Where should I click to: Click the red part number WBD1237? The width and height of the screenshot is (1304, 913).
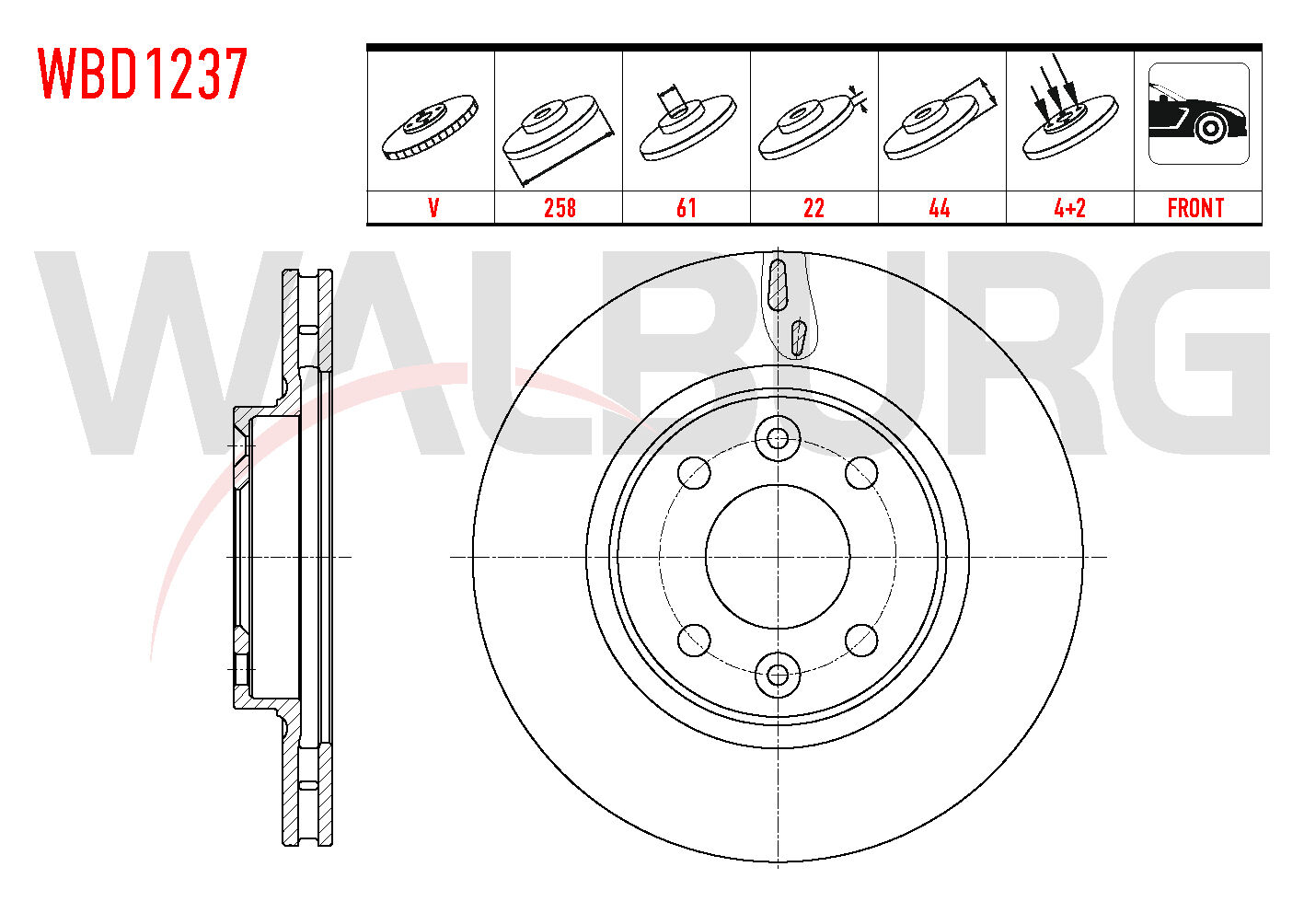point(143,74)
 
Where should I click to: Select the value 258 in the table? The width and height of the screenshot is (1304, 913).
point(560,208)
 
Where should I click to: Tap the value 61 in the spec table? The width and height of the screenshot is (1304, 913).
point(687,208)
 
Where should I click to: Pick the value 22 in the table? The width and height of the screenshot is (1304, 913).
point(814,208)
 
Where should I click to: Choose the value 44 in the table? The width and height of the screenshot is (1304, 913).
point(940,208)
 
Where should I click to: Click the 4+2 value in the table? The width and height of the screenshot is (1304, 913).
point(1070,208)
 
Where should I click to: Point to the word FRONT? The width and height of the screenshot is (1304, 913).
point(1195,208)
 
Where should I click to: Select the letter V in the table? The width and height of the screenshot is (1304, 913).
point(433,208)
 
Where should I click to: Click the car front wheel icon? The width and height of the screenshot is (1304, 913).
point(1199,113)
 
